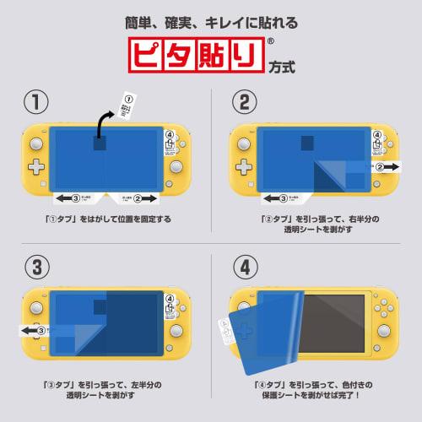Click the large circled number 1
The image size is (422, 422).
tap(35, 103)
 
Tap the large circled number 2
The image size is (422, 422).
tap(243, 103)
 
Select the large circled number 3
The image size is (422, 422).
tap(35, 268)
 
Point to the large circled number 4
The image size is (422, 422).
tap(243, 268)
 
